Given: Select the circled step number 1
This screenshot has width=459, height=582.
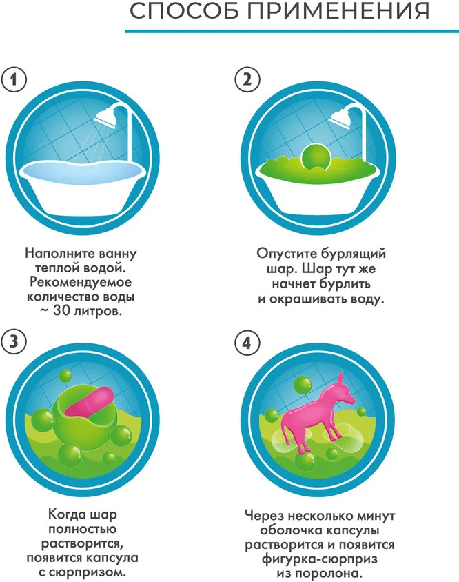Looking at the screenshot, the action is click(x=14, y=79).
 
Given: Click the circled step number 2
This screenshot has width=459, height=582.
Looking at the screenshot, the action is click(x=247, y=79).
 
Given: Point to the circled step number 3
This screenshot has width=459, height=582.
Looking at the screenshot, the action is click(x=14, y=342).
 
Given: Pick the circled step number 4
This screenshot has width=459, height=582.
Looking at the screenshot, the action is click(x=247, y=342).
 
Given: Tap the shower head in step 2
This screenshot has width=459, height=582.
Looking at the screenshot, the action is click(x=341, y=117).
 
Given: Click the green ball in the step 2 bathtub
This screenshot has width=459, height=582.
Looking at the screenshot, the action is click(x=314, y=157).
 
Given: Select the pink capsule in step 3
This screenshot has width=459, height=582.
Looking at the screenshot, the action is click(x=90, y=401).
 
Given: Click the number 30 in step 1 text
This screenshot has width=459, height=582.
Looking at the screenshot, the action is click(x=61, y=311).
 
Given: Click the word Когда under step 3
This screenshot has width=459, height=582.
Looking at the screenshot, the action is click(x=63, y=514).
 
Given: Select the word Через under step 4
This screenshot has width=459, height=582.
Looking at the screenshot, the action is click(x=264, y=515).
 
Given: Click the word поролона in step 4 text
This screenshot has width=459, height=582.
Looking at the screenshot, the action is click(x=328, y=573).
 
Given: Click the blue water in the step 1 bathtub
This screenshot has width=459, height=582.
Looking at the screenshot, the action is click(x=81, y=172).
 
